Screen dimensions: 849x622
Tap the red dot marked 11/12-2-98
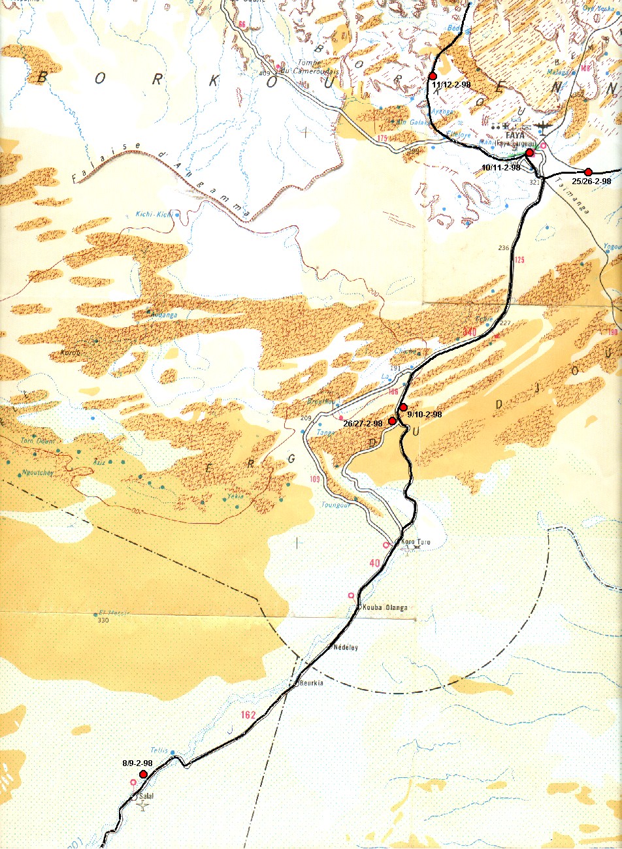(432, 76)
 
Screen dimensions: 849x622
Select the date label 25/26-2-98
(591, 181)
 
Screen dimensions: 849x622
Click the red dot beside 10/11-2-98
(529, 152)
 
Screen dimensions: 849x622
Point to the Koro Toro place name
(416, 542)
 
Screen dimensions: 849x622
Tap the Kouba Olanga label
(385, 607)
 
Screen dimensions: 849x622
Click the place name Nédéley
(346, 647)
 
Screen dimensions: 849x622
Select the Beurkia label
(311, 683)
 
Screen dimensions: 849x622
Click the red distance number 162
(248, 715)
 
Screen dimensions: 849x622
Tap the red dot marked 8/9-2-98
(143, 775)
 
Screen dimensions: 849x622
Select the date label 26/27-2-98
(363, 423)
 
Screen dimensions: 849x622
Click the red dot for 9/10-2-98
(403, 408)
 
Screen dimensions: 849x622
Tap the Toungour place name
(336, 505)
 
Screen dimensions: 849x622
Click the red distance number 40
(374, 563)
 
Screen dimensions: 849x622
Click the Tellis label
(159, 750)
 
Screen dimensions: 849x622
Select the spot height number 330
(103, 620)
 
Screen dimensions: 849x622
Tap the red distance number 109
(315, 480)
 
